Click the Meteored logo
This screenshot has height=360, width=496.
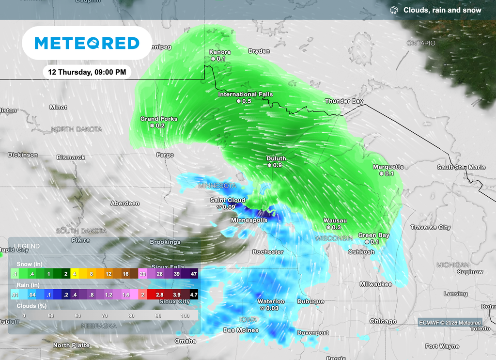click(87, 43)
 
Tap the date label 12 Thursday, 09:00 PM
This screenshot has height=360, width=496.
click(87, 72)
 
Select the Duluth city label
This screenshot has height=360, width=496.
click(276, 158)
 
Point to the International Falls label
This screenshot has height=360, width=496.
click(245, 94)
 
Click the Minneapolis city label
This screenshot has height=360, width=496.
click(248, 220)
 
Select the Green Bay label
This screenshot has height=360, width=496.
click(373, 235)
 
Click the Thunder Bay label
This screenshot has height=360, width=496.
click(344, 101)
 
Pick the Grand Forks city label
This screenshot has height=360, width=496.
click(159, 119)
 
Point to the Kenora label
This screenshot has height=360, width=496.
click(219, 52)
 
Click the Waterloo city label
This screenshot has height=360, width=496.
click(271, 301)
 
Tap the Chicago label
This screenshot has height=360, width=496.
click(383, 321)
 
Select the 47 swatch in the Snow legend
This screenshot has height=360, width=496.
click(193, 274)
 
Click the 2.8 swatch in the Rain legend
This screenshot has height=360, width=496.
click(160, 294)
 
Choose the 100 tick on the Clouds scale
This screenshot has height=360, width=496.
click(185, 315)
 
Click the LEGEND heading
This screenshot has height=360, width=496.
click(27, 246)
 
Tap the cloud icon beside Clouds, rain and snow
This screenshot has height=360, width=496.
click(394, 10)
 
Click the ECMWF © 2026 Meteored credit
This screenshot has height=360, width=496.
click(450, 323)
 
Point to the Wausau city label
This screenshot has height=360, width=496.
click(335, 220)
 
